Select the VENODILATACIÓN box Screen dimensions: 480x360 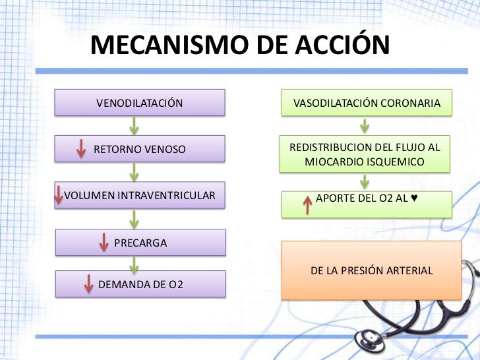tap(140, 104)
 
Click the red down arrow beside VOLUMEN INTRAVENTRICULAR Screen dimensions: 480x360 tap(59, 195)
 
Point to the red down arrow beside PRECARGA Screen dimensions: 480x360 tap(104, 242)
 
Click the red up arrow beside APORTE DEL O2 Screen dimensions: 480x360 tap(306, 205)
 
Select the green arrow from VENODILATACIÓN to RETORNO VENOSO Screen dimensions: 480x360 tap(135, 125)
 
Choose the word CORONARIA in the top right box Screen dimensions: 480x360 tap(415, 104)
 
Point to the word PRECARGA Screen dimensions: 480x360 tap(140, 243)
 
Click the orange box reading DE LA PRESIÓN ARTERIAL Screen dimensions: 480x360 tap(371, 270)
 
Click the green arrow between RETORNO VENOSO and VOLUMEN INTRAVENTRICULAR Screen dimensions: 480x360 tap(135, 172)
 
